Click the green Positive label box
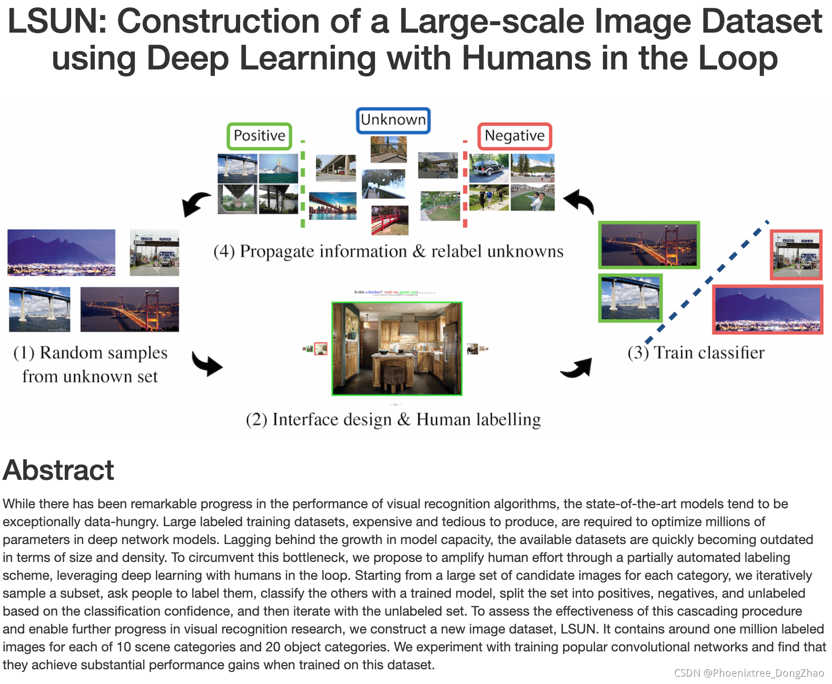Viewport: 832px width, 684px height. [259, 136]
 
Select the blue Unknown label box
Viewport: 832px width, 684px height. [393, 120]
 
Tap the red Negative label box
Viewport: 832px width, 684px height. [514, 136]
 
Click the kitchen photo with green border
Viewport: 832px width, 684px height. [397, 348]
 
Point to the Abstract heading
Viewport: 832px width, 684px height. [58, 470]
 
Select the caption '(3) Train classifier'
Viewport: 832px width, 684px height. [696, 353]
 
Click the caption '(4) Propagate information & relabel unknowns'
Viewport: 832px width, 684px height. [388, 252]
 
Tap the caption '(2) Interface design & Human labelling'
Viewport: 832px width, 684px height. [393, 419]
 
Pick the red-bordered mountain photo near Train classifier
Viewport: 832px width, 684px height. [767, 309]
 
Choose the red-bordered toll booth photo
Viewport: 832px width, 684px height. [796, 255]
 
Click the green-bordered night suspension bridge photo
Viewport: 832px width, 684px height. [649, 245]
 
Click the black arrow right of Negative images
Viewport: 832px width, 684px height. [579, 202]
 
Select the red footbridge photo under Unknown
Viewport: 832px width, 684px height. [390, 220]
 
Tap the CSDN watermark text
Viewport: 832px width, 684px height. [748, 673]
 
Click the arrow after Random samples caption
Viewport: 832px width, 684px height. [207, 364]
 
